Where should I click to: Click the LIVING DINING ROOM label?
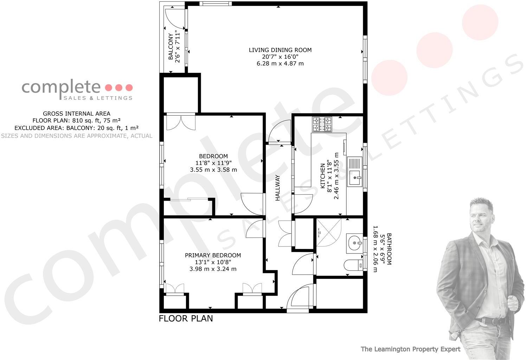point(280,50)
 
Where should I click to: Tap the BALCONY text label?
point(171,47)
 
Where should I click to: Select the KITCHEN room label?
point(322,176)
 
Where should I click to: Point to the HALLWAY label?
point(277,188)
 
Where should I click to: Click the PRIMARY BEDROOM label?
point(213,255)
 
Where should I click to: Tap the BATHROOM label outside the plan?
point(389,249)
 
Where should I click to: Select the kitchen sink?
point(354,172)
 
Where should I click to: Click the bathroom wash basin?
point(354,243)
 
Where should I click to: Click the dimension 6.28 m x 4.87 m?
point(280,64)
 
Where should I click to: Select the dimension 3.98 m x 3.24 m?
point(213,269)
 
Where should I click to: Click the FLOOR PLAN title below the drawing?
point(186,319)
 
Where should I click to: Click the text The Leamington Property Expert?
point(410,349)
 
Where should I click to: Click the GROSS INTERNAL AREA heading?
point(76,114)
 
